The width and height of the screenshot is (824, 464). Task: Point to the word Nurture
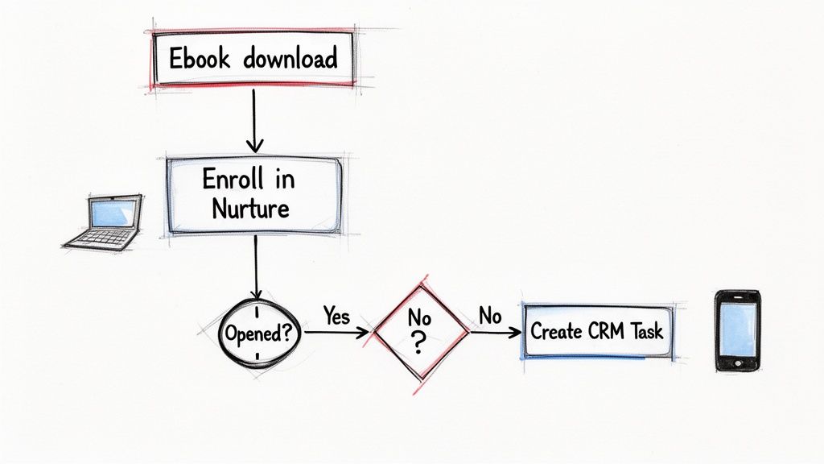pyautogui.click(x=250, y=209)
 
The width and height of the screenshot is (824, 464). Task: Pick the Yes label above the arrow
pyautogui.click(x=336, y=316)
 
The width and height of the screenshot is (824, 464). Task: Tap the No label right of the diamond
pyautogui.click(x=490, y=316)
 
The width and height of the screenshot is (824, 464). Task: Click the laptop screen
pyautogui.click(x=113, y=213)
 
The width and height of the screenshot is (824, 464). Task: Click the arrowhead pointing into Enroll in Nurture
pyautogui.click(x=255, y=146)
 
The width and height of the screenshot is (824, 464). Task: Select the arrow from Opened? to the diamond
pyautogui.click(x=336, y=331)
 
